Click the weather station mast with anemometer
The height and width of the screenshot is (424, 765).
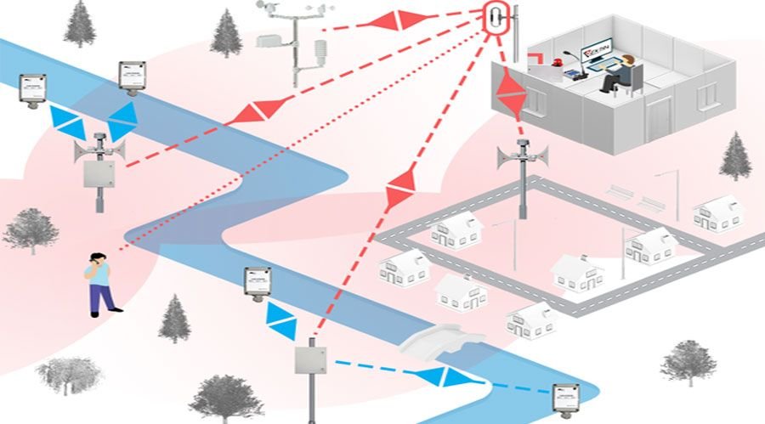pos(292,42)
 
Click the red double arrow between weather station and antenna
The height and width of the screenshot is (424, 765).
pos(397,20)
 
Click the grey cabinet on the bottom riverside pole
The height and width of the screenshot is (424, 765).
pos(312,359)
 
